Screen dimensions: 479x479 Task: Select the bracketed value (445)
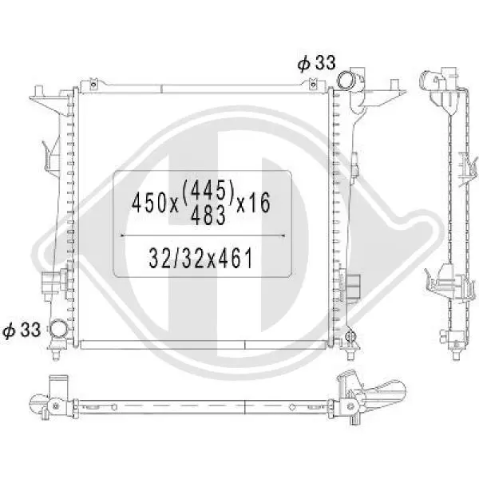[208, 189]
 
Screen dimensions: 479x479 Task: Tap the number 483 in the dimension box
[208, 215]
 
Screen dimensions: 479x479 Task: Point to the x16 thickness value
[254, 202]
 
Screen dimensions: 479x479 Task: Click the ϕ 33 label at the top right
[317, 63]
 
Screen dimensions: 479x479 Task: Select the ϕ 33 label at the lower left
[22, 330]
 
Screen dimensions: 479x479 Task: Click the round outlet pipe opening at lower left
[58, 328]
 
